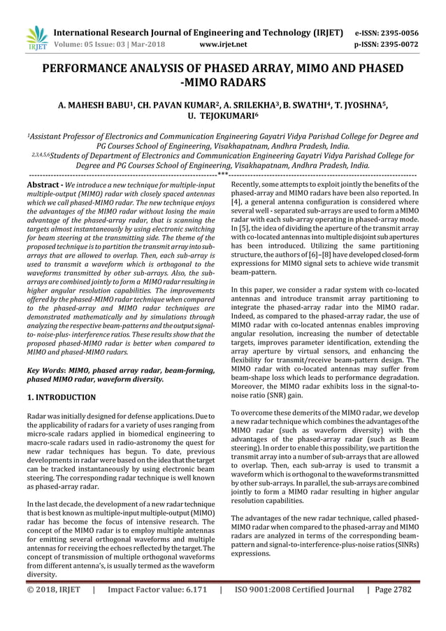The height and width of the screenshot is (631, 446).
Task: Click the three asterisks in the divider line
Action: click(x=222, y=173)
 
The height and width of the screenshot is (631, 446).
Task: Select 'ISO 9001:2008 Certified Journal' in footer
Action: click(x=294, y=609)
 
